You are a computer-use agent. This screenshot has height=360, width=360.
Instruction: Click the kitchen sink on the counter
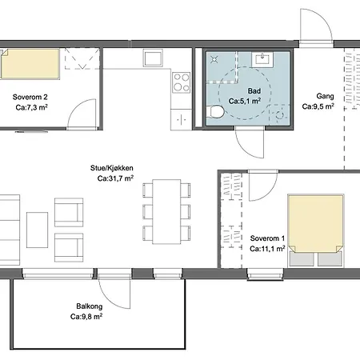[152, 58]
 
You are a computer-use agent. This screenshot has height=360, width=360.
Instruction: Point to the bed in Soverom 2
[30, 62]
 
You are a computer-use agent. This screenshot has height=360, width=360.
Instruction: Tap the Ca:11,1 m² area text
[266, 250]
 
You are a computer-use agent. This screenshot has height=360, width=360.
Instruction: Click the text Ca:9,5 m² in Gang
[318, 106]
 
